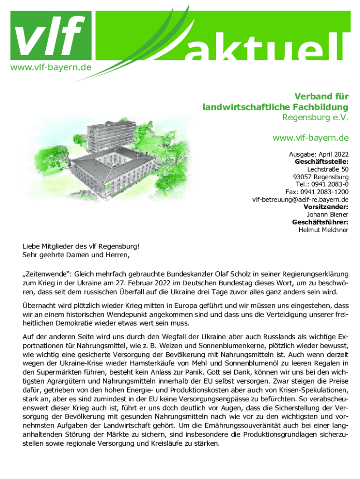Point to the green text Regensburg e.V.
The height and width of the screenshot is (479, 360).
(315, 117)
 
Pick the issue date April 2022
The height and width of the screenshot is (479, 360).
(332, 154)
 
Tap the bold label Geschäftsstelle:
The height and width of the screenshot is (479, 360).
(322, 162)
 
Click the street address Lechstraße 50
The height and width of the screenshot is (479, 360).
(328, 169)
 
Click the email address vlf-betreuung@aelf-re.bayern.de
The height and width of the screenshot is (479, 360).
(300, 199)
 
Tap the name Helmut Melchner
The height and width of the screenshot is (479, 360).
(324, 230)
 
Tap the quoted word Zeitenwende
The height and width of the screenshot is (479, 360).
(47, 275)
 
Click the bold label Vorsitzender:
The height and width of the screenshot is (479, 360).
(326, 207)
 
